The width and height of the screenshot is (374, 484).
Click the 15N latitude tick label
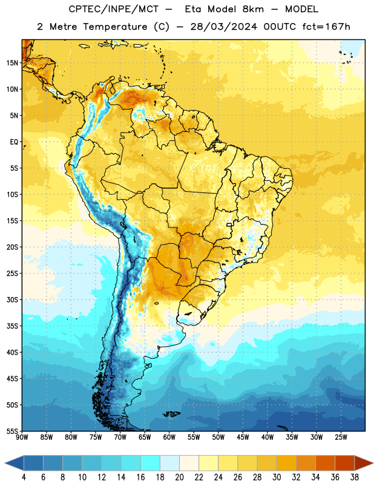click(12, 63)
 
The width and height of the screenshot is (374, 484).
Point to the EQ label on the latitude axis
click(14, 142)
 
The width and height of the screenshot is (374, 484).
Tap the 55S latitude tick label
click(12, 431)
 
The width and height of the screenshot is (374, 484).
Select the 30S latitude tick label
click(12, 299)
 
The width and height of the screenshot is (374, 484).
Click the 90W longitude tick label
click(22, 437)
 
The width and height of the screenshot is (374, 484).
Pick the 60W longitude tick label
click(169, 437)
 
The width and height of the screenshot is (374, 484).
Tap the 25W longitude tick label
click(341, 437)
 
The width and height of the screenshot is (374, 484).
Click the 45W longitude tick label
click(243, 437)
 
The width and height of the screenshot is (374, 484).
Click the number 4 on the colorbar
click(24, 477)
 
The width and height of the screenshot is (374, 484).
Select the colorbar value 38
click(355, 477)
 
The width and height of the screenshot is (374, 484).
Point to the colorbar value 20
click(179, 477)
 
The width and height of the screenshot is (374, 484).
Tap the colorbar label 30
click(277, 477)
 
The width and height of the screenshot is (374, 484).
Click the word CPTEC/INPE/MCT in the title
click(114, 9)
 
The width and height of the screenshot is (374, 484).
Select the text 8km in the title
click(253, 9)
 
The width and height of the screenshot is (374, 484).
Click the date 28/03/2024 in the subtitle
click(223, 27)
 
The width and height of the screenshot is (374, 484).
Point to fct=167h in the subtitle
click(326, 27)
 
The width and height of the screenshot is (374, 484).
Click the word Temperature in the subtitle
click(115, 27)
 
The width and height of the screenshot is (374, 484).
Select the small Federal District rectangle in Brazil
click(229, 224)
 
